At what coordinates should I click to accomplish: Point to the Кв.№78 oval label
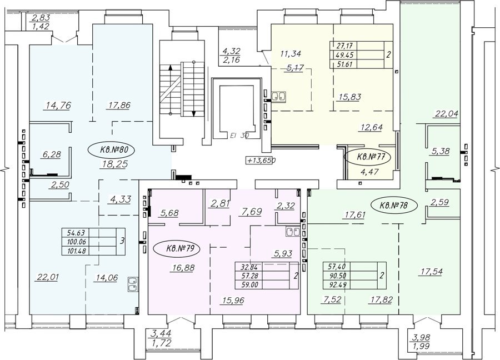394,206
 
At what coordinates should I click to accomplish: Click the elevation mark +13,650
261,161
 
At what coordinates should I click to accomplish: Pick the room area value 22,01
48,277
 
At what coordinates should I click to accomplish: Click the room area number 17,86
117,105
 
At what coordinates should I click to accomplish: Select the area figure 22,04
446,113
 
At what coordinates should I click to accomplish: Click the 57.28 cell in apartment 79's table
248,275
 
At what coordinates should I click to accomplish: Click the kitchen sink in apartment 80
132,284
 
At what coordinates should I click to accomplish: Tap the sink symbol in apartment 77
278,96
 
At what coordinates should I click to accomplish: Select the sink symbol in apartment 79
293,232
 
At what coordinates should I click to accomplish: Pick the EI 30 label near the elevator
239,136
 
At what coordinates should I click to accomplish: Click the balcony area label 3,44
160,333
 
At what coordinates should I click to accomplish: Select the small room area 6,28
51,154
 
